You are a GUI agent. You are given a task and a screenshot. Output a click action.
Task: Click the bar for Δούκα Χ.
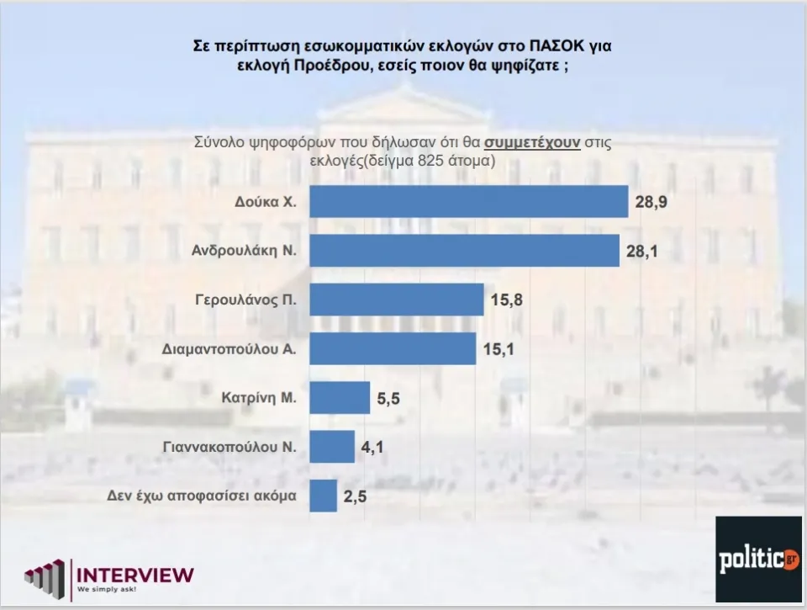coord(469,201)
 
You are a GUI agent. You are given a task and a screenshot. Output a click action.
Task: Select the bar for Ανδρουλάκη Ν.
coord(465,250)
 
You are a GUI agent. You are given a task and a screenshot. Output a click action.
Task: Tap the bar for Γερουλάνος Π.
coord(397,300)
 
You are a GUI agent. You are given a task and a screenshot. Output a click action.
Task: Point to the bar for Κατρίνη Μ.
coord(340,397)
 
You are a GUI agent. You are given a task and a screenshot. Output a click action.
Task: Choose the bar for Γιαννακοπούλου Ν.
coord(332,447)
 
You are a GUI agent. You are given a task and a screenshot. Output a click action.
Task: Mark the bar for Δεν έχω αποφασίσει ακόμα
coord(324,496)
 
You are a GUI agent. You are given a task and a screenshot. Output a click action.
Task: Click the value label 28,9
coord(652,203)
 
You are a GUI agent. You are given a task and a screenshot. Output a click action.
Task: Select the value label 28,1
coord(644,252)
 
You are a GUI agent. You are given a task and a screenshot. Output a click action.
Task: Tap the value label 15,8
coord(507,300)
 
